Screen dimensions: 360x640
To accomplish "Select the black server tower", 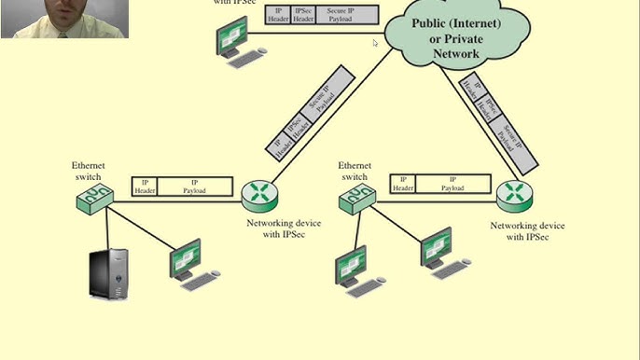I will [110, 273].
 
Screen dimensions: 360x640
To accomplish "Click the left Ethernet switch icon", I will [95, 196].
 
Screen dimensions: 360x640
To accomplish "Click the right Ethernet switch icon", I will [357, 196].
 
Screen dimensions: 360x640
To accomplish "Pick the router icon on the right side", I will [514, 194].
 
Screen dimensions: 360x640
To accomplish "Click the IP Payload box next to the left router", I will [194, 186].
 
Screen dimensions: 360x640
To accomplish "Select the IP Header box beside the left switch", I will [145, 186].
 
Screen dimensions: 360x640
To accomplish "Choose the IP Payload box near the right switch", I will [452, 184].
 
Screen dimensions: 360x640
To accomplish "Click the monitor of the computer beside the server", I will [185, 257].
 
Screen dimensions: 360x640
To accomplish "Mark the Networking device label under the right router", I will [527, 226].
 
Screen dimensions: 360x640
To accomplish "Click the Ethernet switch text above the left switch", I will [88, 171].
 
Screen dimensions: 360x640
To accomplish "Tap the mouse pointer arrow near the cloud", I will [376, 42].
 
